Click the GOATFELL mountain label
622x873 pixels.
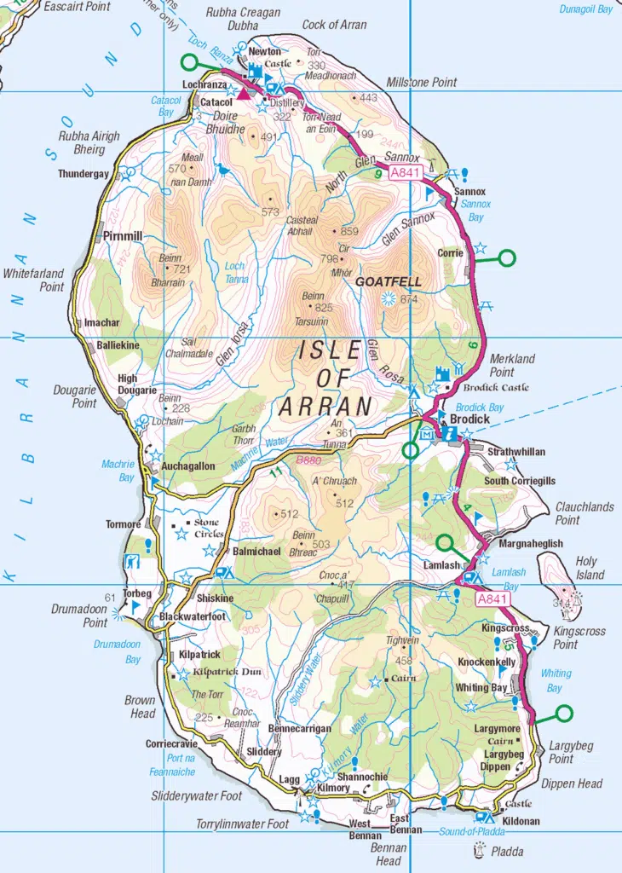click(x=383, y=281)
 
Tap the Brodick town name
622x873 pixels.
click(x=469, y=419)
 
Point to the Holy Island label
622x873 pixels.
click(x=586, y=569)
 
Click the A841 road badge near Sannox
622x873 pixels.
click(x=406, y=172)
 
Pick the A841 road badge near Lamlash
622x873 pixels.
click(x=492, y=599)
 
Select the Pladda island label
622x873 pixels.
click(x=507, y=851)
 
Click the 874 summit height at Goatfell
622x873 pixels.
click(x=409, y=299)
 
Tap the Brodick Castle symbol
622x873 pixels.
click(x=441, y=374)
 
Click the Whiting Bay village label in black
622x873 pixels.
click(x=481, y=688)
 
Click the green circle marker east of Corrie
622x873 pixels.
click(x=507, y=257)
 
